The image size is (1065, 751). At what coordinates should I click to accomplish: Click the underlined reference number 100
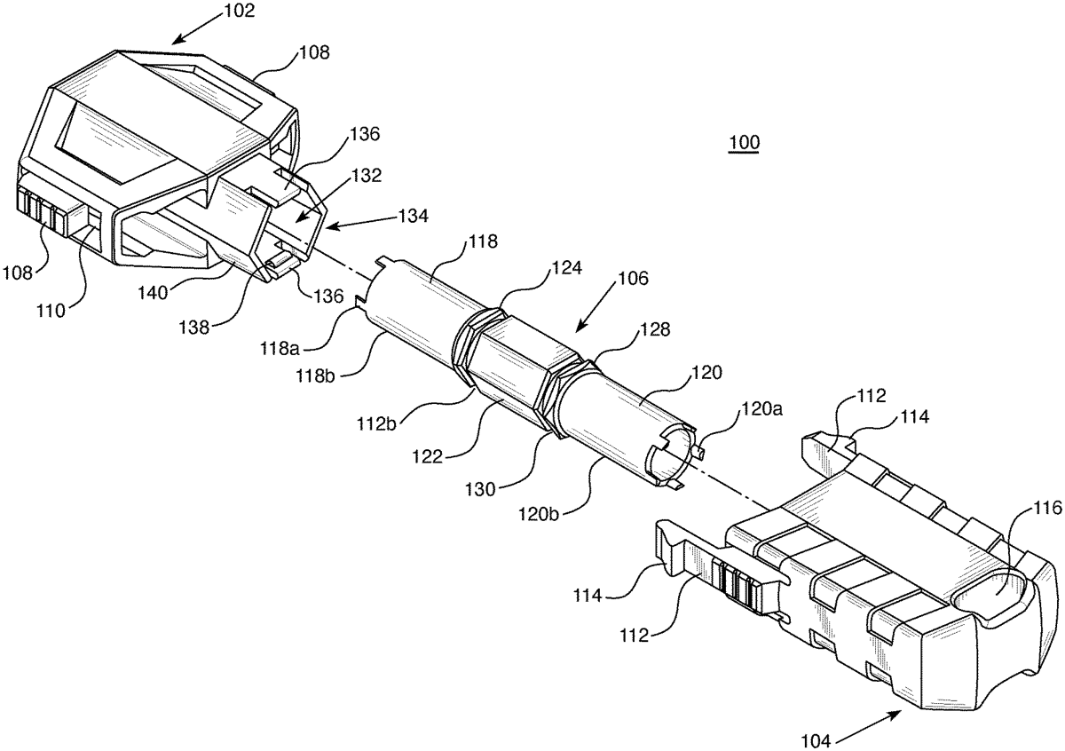click(745, 142)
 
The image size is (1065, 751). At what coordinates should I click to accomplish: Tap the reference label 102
click(240, 11)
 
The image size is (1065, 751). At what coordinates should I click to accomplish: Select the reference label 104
click(816, 741)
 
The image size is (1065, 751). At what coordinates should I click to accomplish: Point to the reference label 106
click(635, 278)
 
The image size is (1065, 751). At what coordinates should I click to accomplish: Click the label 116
click(1048, 509)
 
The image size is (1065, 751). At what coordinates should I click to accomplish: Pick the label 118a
click(280, 349)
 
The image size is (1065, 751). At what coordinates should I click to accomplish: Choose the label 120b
click(538, 514)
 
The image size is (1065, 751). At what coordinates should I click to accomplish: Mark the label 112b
click(377, 423)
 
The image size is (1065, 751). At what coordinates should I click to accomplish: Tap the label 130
click(481, 489)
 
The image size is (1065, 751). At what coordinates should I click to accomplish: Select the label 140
click(154, 293)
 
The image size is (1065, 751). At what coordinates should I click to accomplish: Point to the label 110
click(51, 311)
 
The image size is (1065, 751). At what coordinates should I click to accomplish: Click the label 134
click(414, 217)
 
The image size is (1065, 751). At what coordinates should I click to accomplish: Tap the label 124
click(567, 268)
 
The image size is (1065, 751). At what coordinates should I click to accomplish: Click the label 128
click(655, 329)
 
